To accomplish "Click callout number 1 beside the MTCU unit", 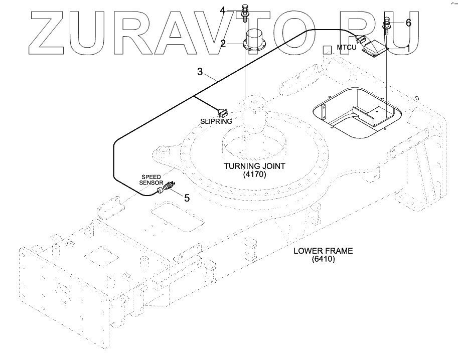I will [408, 48].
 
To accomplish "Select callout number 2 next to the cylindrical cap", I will [223, 44].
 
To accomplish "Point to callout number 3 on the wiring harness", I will [200, 72].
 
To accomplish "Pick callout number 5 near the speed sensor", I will [187, 198].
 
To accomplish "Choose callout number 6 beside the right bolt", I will [408, 23].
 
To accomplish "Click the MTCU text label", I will [346, 48].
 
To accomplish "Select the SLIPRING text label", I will [216, 121].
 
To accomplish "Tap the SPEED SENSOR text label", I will [150, 181].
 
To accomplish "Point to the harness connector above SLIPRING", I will [222, 111].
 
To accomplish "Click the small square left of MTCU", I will [327, 49].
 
